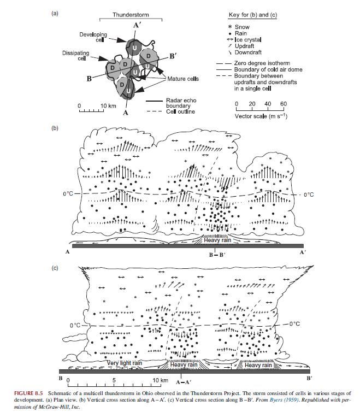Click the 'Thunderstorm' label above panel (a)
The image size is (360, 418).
point(129,13)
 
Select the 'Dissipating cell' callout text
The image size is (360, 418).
point(74,56)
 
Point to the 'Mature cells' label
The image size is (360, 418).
point(182,79)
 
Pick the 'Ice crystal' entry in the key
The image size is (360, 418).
point(249,39)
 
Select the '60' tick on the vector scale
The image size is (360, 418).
point(284,104)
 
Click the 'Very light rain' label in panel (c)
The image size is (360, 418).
point(124,363)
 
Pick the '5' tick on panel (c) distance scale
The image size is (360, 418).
point(114,379)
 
